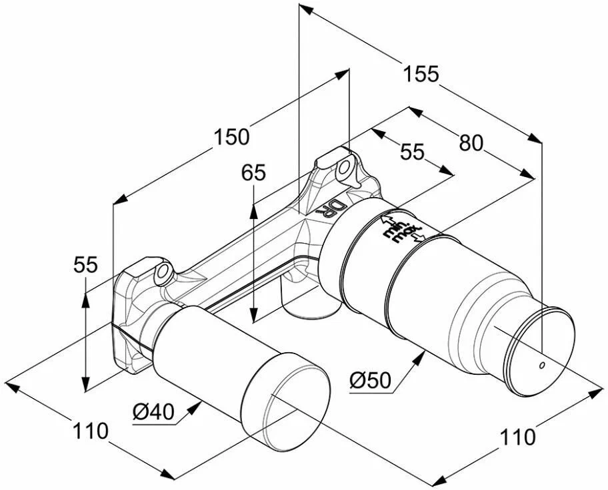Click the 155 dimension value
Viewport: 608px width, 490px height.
pyautogui.click(x=421, y=74)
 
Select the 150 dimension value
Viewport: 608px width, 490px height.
pyautogui.click(x=231, y=136)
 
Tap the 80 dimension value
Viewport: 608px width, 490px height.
pyautogui.click(x=471, y=142)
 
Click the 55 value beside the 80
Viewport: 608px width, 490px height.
pyautogui.click(x=412, y=152)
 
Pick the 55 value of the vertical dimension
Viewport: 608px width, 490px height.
pyautogui.click(x=85, y=265)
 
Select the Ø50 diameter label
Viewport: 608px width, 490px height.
pyautogui.click(x=369, y=381)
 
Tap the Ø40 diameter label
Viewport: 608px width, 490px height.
pyautogui.click(x=153, y=413)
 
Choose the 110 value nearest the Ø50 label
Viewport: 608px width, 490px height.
pyautogui.click(x=517, y=437)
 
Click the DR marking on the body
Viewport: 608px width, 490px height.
pyautogui.click(x=331, y=208)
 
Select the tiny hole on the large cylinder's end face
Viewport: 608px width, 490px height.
pyautogui.click(x=541, y=365)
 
